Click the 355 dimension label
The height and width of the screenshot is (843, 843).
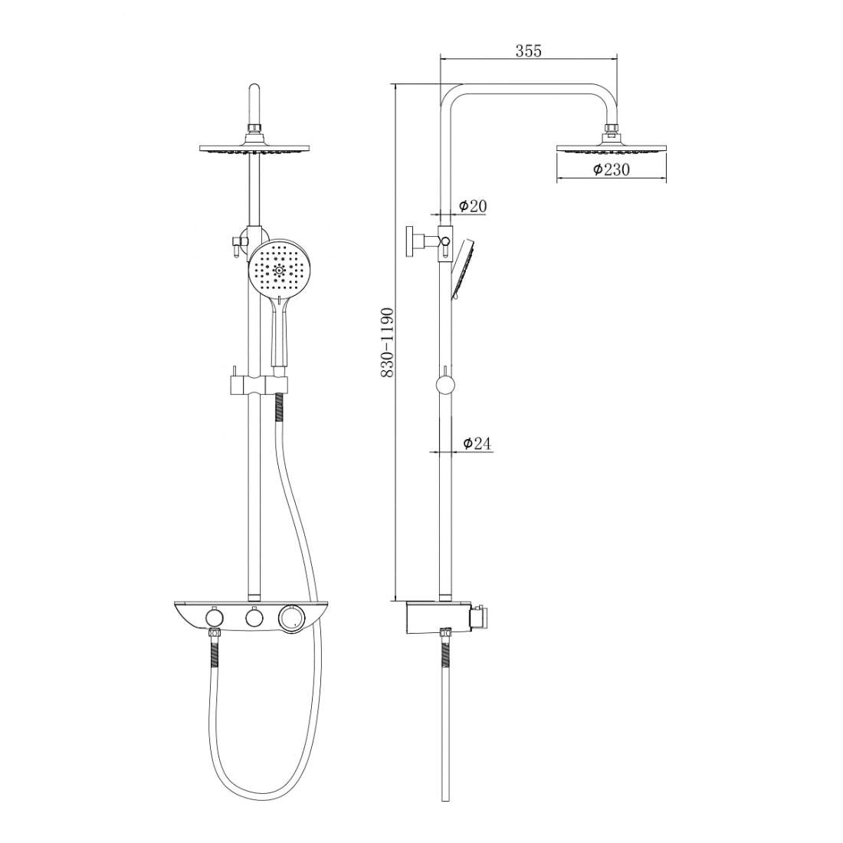point(528,51)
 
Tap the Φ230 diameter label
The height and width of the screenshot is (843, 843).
point(611,170)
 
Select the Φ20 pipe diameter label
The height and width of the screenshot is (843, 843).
point(473,205)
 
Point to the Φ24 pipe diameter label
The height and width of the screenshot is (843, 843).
point(476,443)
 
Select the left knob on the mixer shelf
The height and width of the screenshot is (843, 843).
point(213,618)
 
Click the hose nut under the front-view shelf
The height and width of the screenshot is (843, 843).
point(215,634)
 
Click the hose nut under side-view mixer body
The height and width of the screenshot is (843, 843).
point(444,633)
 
